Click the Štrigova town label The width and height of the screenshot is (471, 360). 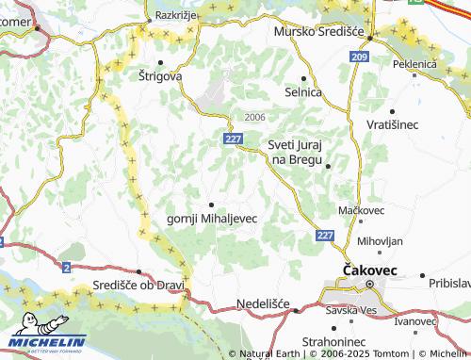pos(160,74)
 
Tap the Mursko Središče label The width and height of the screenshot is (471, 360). pos(317,32)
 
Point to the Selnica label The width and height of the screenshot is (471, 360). pos(303,92)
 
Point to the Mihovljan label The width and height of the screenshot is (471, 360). pos(380,240)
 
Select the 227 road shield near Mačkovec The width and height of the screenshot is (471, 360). pos(325,235)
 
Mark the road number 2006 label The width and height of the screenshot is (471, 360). pos(254,117)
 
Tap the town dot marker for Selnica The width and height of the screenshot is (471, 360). pos(303,78)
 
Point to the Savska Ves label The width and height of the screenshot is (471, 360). pos(352,310)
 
